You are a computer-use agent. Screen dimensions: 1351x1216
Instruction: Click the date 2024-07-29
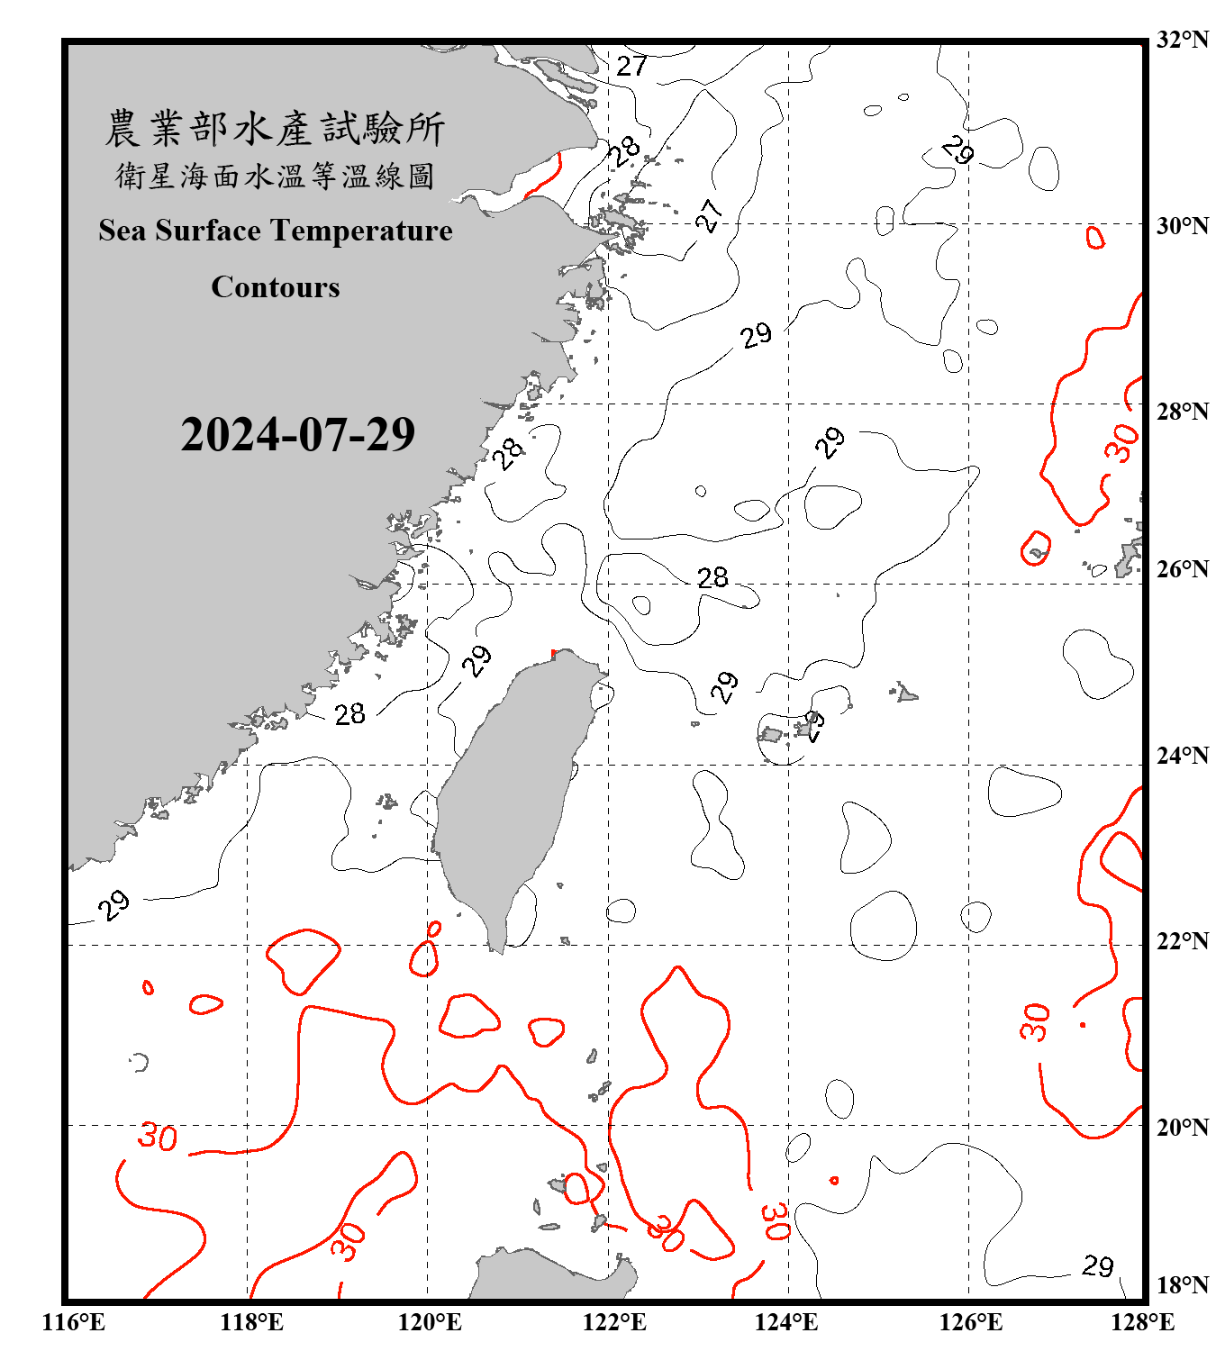click(x=297, y=435)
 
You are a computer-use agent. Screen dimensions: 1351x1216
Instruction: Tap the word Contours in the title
click(x=276, y=287)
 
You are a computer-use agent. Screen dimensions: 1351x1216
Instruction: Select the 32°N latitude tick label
click(x=1182, y=40)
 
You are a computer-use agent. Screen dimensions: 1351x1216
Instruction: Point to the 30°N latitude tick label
click(x=1182, y=225)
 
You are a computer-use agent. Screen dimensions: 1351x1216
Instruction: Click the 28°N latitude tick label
click(x=1182, y=412)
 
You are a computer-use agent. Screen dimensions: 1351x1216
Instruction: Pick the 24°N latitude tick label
click(x=1182, y=755)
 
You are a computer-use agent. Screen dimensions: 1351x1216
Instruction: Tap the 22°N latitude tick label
click(x=1182, y=941)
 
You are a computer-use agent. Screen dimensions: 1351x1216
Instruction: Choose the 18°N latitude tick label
click(x=1182, y=1285)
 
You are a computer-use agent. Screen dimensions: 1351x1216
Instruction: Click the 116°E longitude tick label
click(x=73, y=1322)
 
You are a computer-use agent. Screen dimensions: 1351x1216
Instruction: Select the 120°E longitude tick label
click(x=430, y=1322)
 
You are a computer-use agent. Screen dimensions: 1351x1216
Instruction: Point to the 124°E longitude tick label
click(x=786, y=1322)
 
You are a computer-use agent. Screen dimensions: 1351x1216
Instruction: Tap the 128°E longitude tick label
click(x=1142, y=1322)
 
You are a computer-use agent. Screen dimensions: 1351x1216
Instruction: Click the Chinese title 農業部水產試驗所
click(x=275, y=129)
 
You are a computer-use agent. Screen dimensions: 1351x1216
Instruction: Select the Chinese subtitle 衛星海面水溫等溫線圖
click(x=275, y=176)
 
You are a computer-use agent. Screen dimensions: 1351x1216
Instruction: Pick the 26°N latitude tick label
click(x=1182, y=569)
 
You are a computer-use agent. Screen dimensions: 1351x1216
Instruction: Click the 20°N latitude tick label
click(x=1182, y=1127)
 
